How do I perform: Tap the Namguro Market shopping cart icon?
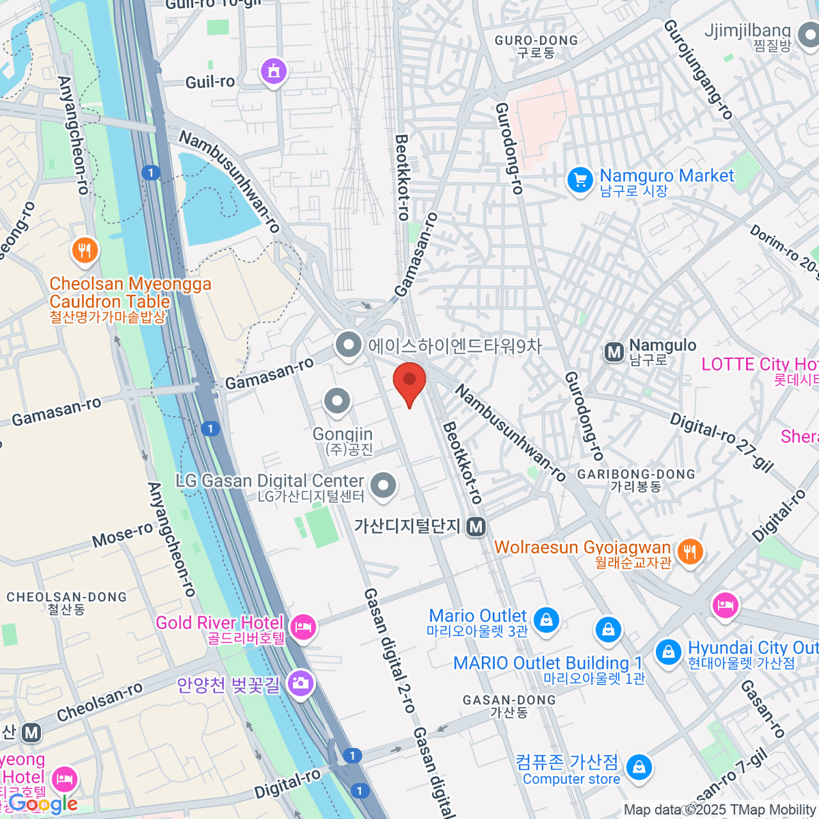pyautogui.click(x=580, y=181)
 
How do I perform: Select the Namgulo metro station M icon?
pyautogui.click(x=614, y=352)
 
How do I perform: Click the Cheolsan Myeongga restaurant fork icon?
pyautogui.click(x=85, y=251)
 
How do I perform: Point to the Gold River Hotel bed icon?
pyautogui.click(x=303, y=626)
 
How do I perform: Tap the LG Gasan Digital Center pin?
pyautogui.click(x=383, y=487)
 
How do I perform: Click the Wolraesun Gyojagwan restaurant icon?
pyautogui.click(x=690, y=551)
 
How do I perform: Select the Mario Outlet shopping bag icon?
pyautogui.click(x=546, y=620)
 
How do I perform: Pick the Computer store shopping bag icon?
pyautogui.click(x=639, y=767)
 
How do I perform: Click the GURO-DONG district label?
pyautogui.click(x=536, y=41)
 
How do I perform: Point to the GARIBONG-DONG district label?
pyautogui.click(x=636, y=474)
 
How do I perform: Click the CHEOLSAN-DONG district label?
pyautogui.click(x=67, y=597)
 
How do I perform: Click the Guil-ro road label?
pyautogui.click(x=210, y=82)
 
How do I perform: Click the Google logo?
pyautogui.click(x=42, y=805)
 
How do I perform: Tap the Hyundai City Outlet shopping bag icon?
pyautogui.click(x=668, y=652)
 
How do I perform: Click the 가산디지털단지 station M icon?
pyautogui.click(x=476, y=527)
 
